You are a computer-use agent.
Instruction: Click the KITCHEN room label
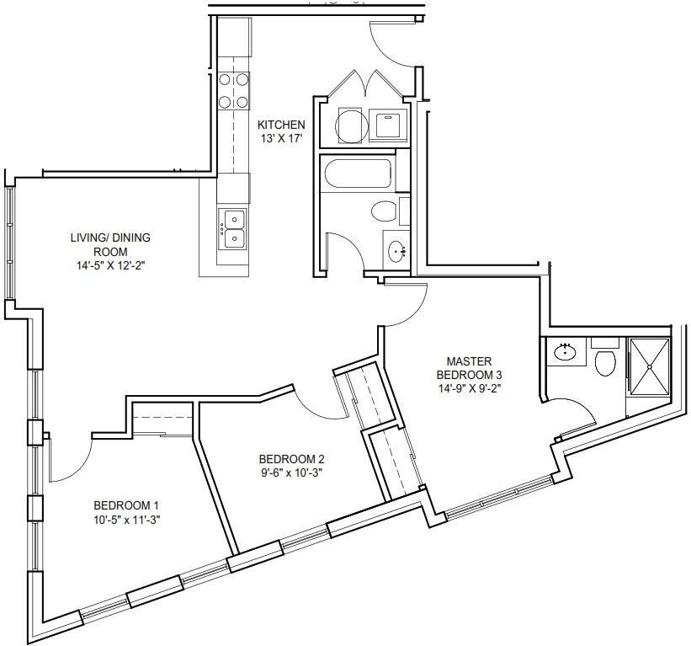point(281,125)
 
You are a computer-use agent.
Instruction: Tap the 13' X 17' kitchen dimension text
point(281,139)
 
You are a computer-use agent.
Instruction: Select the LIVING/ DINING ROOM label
point(110,244)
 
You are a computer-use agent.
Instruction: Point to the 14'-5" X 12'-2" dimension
point(110,266)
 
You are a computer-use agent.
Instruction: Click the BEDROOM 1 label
point(126,505)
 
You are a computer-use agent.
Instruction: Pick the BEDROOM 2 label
point(292,459)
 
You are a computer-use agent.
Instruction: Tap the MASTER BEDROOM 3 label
point(470,368)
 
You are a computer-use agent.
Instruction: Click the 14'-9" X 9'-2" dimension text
point(470,389)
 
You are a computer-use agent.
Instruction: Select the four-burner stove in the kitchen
point(234,90)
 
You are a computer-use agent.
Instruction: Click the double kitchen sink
point(233,229)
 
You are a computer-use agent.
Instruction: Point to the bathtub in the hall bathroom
point(358,174)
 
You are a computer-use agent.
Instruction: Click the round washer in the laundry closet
point(351,125)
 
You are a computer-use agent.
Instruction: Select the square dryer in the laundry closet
point(388,125)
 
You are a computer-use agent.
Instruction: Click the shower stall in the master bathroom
point(649,366)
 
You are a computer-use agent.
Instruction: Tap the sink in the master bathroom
point(566,352)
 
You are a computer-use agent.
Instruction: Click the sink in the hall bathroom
point(397,252)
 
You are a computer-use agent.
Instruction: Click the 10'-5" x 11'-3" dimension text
point(126,520)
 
